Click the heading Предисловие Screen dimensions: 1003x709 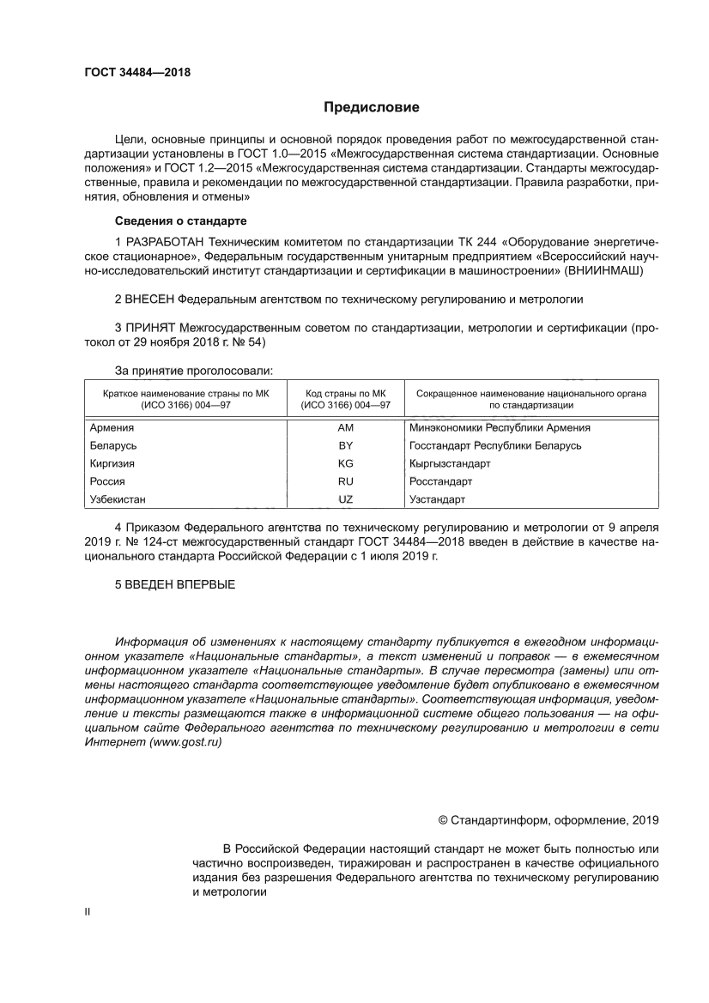point(371,107)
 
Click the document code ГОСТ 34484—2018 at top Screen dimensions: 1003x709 point(126,72)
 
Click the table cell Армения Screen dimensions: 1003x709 point(112,427)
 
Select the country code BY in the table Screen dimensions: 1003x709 point(346,445)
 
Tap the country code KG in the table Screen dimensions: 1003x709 point(346,463)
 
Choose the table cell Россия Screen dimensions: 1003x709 point(107,481)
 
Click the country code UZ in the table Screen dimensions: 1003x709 point(346,499)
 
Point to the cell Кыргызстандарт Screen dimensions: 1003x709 point(450,463)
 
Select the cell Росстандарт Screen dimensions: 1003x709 point(440,481)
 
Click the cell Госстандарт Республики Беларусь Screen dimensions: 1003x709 point(495,445)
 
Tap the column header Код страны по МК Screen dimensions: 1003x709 point(346,393)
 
